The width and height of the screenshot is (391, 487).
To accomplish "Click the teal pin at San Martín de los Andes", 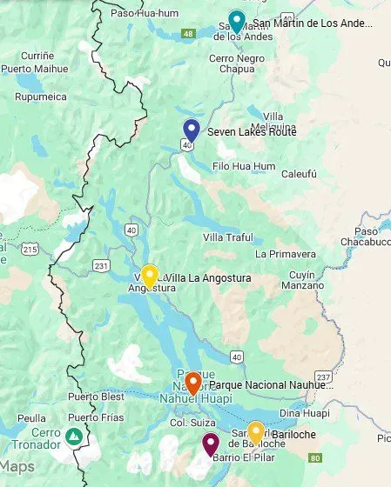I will pyautogui.click(x=235, y=20).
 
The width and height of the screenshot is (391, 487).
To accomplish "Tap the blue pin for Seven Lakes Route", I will pyautogui.click(x=192, y=130).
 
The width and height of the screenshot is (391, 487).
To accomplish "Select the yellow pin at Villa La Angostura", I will pyautogui.click(x=149, y=276).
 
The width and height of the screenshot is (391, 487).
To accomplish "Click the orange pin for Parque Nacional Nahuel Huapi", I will pyautogui.click(x=193, y=382).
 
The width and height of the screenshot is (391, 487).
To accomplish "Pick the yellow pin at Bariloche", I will pyautogui.click(x=255, y=431).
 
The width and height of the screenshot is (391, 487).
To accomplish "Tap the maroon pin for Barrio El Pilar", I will pyautogui.click(x=210, y=444).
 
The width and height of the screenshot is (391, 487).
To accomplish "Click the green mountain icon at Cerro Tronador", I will pyautogui.click(x=76, y=435).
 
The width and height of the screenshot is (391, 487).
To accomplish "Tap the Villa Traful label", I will pyautogui.click(x=228, y=237).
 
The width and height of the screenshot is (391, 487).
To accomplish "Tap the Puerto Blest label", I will pyautogui.click(x=94, y=397).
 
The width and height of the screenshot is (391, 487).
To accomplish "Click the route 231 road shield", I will pyautogui.click(x=102, y=265).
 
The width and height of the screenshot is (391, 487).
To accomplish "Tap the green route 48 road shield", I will pyautogui.click(x=187, y=34).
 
